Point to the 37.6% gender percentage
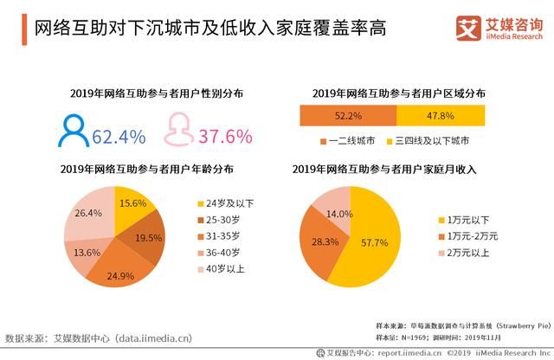[x=225, y=136]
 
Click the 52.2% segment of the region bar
[x=347, y=115]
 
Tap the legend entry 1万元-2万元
[x=470, y=235]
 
